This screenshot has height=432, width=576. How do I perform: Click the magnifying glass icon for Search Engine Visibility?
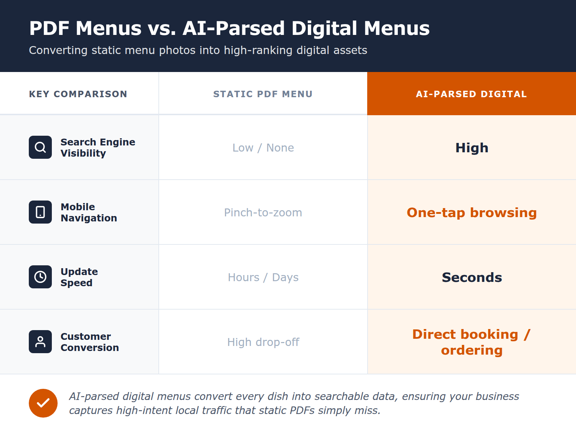pyautogui.click(x=40, y=147)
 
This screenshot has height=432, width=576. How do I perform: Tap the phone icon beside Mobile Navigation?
pyautogui.click(x=40, y=212)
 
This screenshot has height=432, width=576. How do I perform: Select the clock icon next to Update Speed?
pyautogui.click(x=40, y=277)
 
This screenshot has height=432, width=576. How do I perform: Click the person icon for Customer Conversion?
pyautogui.click(x=40, y=342)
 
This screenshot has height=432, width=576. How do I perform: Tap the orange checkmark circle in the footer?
pyautogui.click(x=43, y=403)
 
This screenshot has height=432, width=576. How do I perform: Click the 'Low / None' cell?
pyautogui.click(x=263, y=148)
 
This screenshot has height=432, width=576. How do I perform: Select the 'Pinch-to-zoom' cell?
pyautogui.click(x=263, y=213)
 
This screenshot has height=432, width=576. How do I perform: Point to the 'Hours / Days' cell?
pyautogui.click(x=263, y=278)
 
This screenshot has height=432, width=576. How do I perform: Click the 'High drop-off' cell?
pyautogui.click(x=263, y=342)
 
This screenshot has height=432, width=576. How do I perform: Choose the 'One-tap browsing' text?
pyautogui.click(x=472, y=213)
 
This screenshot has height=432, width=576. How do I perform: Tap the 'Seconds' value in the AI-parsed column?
pyautogui.click(x=472, y=278)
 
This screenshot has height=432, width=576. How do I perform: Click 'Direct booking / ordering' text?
pyautogui.click(x=472, y=342)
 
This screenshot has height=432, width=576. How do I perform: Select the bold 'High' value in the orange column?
pyautogui.click(x=472, y=148)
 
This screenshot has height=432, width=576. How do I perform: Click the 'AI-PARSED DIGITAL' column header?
pyautogui.click(x=472, y=94)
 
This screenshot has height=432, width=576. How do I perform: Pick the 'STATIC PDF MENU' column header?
pyautogui.click(x=263, y=94)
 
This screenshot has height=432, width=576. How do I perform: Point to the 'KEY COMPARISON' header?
pyautogui.click(x=78, y=94)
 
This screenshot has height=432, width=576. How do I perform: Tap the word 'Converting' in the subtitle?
pyautogui.click(x=58, y=50)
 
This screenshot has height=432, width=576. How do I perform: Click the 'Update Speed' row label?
pyautogui.click(x=79, y=277)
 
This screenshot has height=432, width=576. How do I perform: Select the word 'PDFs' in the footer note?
pyautogui.click(x=302, y=410)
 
